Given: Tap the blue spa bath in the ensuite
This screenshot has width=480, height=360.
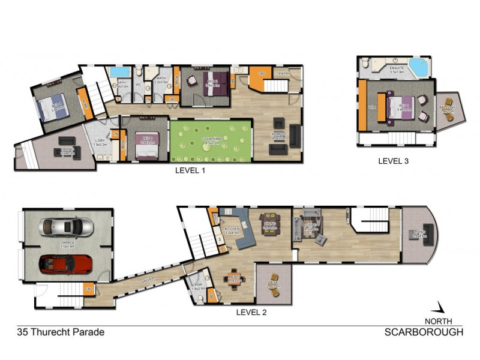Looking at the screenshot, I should tap(418, 67).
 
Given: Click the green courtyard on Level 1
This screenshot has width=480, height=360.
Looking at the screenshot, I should tap(211, 140).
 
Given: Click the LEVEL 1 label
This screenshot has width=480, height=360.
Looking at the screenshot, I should tap(190, 170).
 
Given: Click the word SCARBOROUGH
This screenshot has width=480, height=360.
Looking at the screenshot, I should tap(424, 332).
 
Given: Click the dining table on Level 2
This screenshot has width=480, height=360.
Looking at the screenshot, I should tap(269, 226).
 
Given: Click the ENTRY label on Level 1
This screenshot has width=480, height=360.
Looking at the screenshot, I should tap(281, 74).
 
